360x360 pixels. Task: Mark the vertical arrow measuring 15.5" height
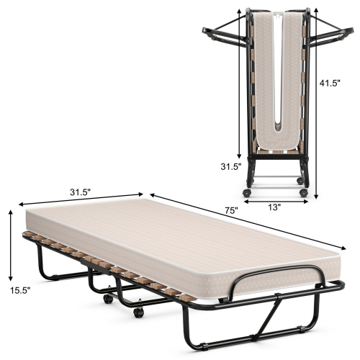[9, 245]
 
